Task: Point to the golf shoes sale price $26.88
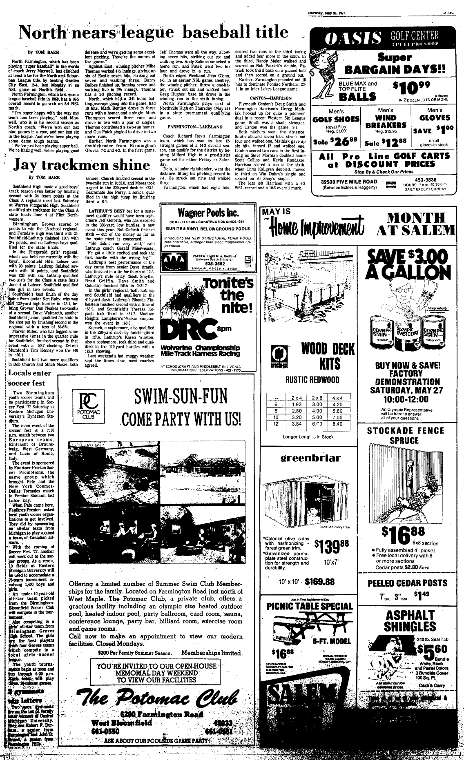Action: coord(336,143)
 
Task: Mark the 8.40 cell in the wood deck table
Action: coord(337,424)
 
